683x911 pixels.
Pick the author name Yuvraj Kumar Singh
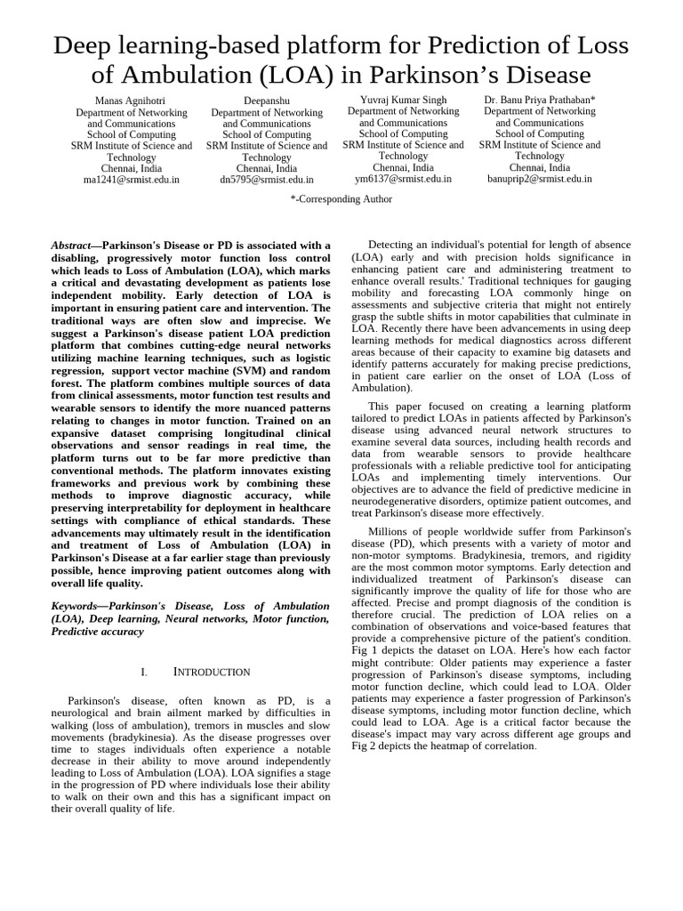click(x=403, y=101)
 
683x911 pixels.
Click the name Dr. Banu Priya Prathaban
click(x=540, y=101)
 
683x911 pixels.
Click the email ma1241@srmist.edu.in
click(x=131, y=179)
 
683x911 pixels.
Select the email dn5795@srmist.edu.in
click(x=267, y=179)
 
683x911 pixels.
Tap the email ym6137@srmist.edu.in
click(x=403, y=178)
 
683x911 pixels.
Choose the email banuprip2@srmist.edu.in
click(x=540, y=178)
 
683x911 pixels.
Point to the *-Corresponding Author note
click(x=341, y=199)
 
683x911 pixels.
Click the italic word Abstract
click(x=71, y=246)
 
